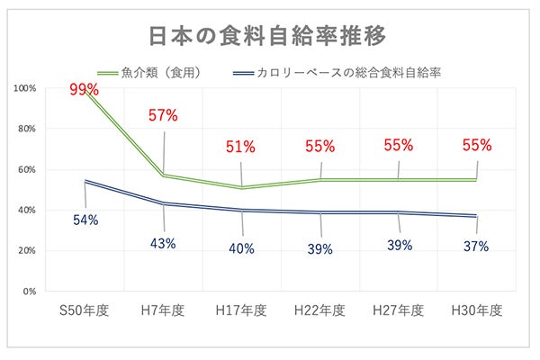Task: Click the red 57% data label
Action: [164, 115]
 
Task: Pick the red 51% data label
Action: [241, 146]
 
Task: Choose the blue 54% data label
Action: [85, 219]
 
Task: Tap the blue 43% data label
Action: [164, 242]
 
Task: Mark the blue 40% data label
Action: [241, 249]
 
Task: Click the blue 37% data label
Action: [477, 245]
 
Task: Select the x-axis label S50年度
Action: [85, 310]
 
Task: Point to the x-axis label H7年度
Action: [164, 310]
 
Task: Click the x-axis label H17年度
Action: [241, 310]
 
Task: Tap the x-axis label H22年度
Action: [319, 310]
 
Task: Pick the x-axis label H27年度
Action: [398, 310]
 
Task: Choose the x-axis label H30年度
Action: [476, 310]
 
